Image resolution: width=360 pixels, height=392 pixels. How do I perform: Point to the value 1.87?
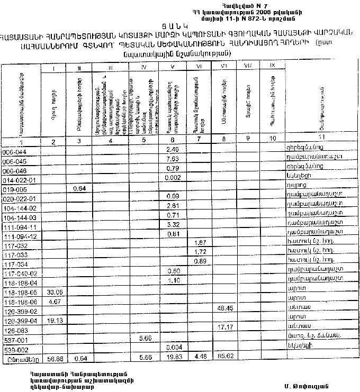201,242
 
